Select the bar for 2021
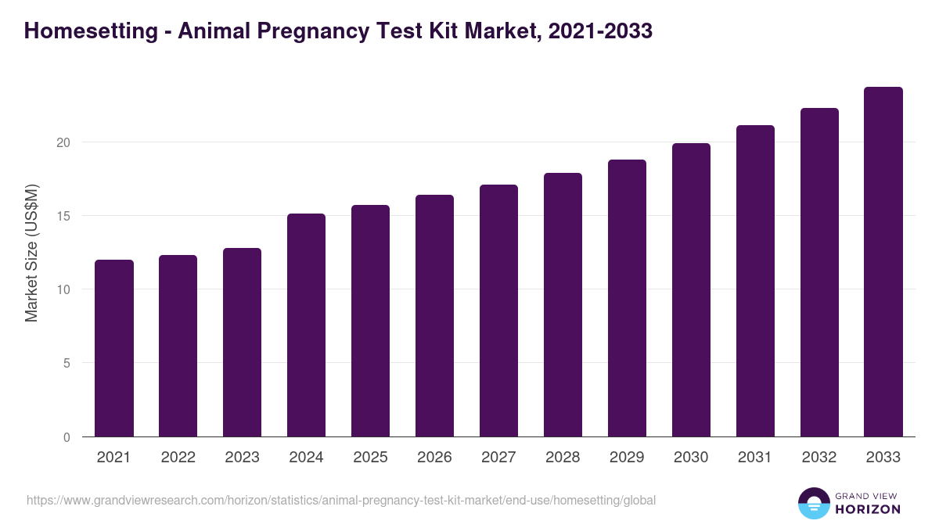point(114,348)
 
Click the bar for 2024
point(307,325)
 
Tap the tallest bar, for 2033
point(883,262)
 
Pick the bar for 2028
point(563,305)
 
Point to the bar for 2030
point(692,289)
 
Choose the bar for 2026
point(435,315)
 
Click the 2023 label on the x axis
point(243,458)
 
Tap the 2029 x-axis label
point(628,458)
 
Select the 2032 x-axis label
point(819,458)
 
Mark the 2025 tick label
point(371,458)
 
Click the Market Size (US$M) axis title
point(31,252)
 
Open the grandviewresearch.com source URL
point(341,500)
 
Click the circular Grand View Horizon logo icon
point(814,503)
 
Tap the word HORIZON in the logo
point(868,509)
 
